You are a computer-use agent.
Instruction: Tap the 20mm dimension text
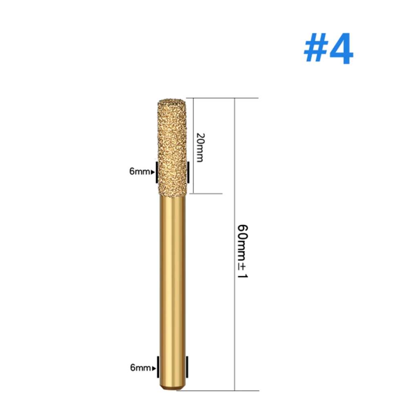tap(199, 147)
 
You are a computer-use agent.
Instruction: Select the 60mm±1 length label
tap(244, 251)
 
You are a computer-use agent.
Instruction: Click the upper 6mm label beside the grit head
tap(139, 172)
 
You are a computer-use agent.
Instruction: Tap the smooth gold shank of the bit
tap(172, 278)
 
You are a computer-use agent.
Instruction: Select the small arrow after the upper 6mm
tap(153, 172)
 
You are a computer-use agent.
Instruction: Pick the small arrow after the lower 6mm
tap(154, 368)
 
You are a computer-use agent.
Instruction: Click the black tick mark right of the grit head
tap(188, 172)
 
